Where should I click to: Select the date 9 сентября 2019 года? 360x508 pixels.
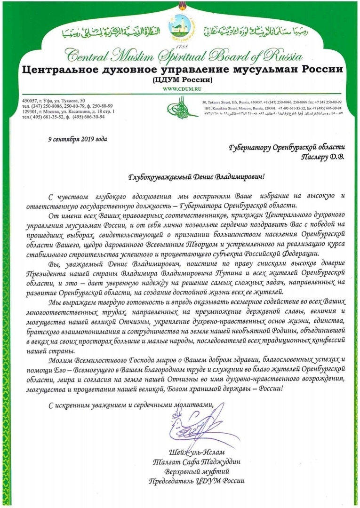click(78, 139)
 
